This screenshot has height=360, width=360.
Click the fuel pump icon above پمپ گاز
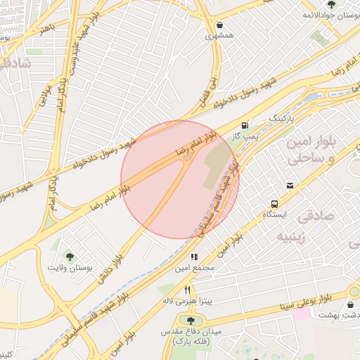click(x=245, y=125)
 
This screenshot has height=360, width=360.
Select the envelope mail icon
click(x=290, y=186)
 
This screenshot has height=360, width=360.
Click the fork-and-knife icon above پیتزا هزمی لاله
click(x=187, y=290)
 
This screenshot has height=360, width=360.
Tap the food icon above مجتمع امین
click(x=194, y=257)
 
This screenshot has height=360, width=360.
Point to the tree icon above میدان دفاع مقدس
click(x=191, y=321)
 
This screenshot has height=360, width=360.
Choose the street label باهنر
click(x=47, y=29)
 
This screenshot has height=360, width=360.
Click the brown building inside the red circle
click(x=219, y=166)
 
